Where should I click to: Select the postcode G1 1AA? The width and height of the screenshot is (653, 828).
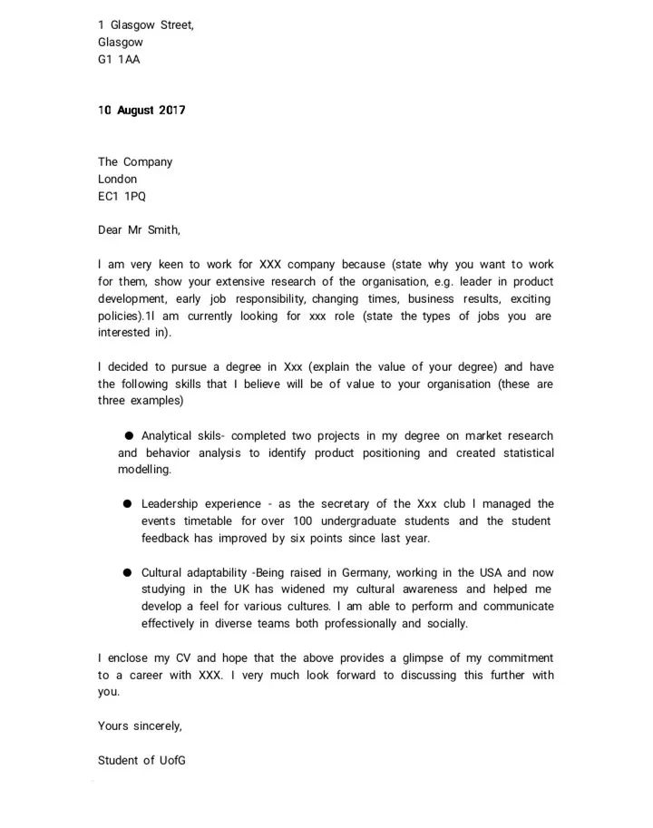(x=119, y=60)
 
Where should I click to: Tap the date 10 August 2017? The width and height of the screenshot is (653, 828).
(x=141, y=111)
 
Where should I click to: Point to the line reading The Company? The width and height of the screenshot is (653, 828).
(x=135, y=162)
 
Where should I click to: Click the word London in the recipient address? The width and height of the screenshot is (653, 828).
(x=118, y=180)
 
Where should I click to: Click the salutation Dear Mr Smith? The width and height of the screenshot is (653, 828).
(x=139, y=230)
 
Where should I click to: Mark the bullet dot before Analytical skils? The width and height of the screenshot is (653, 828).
(x=130, y=436)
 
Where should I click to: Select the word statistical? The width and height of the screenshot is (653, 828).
(x=523, y=453)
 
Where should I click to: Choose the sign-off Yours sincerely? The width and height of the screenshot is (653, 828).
(x=141, y=726)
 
